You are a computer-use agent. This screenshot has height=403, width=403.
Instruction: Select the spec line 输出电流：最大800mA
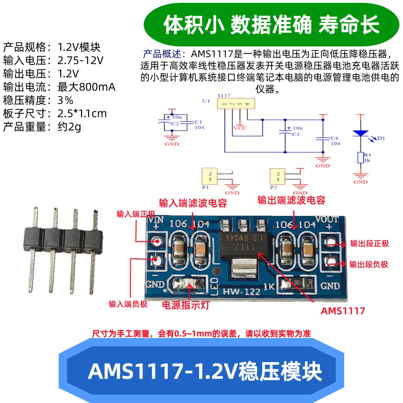click(x=59, y=87)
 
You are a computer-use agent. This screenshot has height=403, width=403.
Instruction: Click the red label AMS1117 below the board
click(x=343, y=311)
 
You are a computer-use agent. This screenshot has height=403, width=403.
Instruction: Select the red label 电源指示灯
click(x=185, y=305)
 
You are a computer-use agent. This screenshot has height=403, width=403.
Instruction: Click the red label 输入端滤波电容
click(x=192, y=203)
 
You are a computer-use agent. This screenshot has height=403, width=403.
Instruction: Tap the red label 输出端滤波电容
click(x=291, y=200)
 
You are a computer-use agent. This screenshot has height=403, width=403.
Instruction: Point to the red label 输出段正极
click(x=369, y=244)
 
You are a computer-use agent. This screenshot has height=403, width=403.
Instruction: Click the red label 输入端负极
click(x=128, y=304)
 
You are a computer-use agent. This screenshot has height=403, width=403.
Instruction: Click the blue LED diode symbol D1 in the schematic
click(x=361, y=134)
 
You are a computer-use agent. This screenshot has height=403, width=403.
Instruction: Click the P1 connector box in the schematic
click(x=209, y=176)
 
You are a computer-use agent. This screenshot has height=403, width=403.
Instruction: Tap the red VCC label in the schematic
click(x=239, y=127)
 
